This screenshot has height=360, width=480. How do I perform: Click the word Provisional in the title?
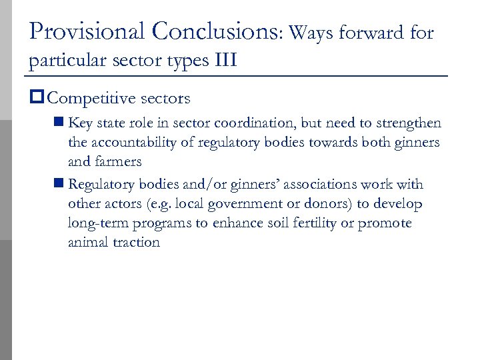click(x=87, y=31)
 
